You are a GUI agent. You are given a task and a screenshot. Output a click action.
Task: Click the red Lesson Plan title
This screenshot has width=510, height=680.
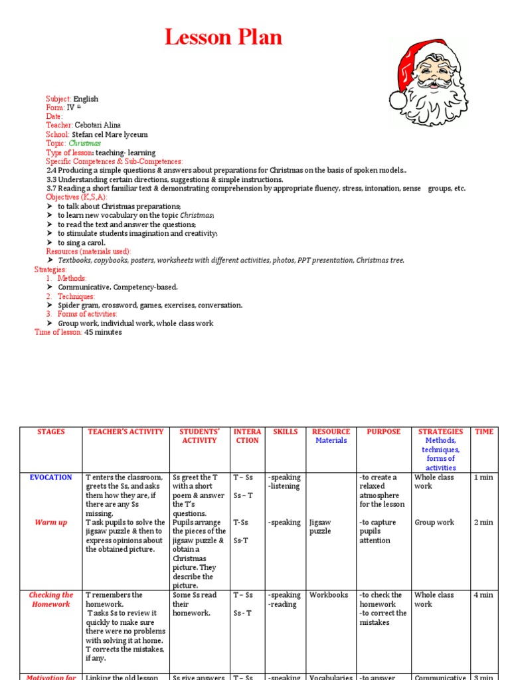[x=224, y=38]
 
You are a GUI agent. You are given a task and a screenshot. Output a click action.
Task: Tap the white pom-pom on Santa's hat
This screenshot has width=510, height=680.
[x=398, y=100]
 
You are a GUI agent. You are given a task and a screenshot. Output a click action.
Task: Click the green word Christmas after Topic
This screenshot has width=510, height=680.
[x=85, y=143]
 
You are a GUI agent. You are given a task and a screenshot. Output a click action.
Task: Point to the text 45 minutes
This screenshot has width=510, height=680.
[x=103, y=332]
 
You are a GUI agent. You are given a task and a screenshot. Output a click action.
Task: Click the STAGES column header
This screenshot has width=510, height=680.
[x=51, y=432]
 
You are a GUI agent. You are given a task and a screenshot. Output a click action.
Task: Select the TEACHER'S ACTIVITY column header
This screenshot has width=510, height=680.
[x=126, y=432]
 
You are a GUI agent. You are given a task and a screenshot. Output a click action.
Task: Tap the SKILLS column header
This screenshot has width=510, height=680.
[x=286, y=432]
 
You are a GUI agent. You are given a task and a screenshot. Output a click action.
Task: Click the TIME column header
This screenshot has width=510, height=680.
[x=484, y=432]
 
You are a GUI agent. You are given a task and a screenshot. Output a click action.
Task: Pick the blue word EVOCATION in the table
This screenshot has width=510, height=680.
[x=51, y=477]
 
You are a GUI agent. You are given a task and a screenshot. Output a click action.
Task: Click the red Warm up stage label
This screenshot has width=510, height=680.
[x=51, y=523]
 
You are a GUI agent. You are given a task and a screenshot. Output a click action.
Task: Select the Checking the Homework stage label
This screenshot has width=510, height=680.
[x=51, y=600]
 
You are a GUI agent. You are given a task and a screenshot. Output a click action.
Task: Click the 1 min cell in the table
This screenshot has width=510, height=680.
[x=484, y=477]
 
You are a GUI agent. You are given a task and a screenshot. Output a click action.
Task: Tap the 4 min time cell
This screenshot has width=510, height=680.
[x=484, y=595]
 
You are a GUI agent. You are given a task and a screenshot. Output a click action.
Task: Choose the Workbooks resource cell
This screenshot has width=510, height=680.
[x=329, y=595]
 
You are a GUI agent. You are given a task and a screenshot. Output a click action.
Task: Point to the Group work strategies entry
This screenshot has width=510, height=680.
[x=434, y=523]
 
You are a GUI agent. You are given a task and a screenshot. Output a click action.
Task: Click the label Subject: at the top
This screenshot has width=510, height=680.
[x=58, y=99]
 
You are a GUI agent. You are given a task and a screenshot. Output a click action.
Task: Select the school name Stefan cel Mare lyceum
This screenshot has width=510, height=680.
[x=110, y=135]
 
